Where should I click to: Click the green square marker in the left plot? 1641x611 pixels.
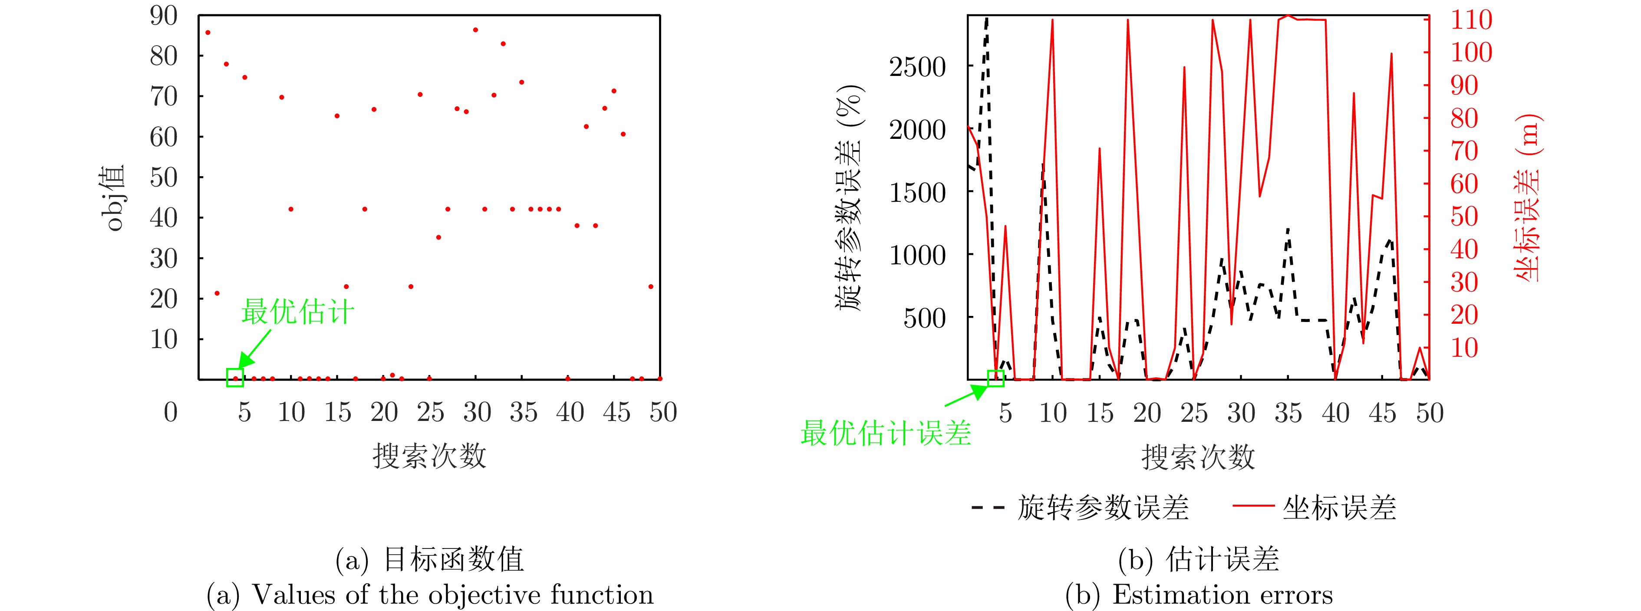[x=235, y=378]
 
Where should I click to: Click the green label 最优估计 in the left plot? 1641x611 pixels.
[x=297, y=312]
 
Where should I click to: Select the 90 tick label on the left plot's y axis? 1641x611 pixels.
[x=164, y=16]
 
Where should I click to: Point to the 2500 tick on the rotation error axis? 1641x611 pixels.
[x=917, y=67]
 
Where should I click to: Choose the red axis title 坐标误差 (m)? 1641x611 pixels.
[x=1528, y=197]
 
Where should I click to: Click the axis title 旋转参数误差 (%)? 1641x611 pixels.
[x=849, y=197]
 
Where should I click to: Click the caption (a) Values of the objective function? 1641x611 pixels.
[x=430, y=595]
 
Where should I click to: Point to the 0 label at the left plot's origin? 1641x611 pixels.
[x=170, y=412]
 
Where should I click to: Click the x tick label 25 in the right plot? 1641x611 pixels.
[x=1194, y=414]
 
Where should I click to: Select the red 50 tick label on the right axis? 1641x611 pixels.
[x=1464, y=217]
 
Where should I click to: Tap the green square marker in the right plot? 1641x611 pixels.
[x=996, y=378]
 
